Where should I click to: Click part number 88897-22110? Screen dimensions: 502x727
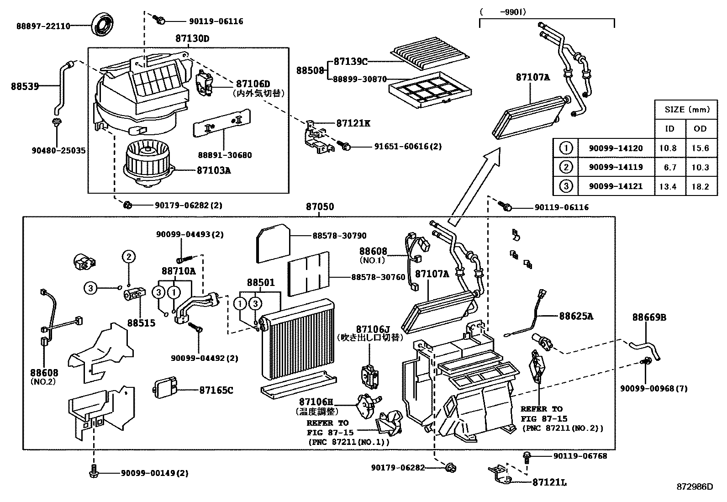point(43,26)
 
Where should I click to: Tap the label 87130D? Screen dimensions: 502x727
point(192,39)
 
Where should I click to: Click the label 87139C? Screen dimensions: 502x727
point(350,62)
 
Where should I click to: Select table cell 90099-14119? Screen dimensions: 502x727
point(616,167)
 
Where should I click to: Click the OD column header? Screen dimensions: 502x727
point(700,129)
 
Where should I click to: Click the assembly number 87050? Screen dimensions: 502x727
point(320,206)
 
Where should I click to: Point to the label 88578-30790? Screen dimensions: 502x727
point(339,236)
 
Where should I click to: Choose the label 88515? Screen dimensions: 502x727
point(141,323)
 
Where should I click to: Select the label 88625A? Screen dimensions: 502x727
point(576,316)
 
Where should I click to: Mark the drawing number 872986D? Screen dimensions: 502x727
point(694,486)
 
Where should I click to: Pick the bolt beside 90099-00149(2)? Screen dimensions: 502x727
point(94,471)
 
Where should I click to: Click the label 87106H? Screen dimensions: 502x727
point(316,402)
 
